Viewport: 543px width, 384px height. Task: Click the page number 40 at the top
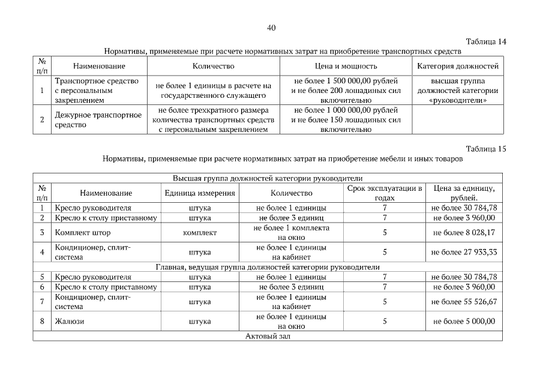click(271, 28)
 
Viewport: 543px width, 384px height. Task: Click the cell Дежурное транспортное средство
click(98, 119)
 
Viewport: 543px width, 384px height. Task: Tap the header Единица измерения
click(200, 193)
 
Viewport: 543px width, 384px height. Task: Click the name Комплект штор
click(83, 232)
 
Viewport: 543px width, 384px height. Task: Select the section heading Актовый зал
click(268, 337)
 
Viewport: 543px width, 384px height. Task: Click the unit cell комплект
click(200, 232)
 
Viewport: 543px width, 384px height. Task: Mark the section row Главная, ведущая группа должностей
click(268, 267)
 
